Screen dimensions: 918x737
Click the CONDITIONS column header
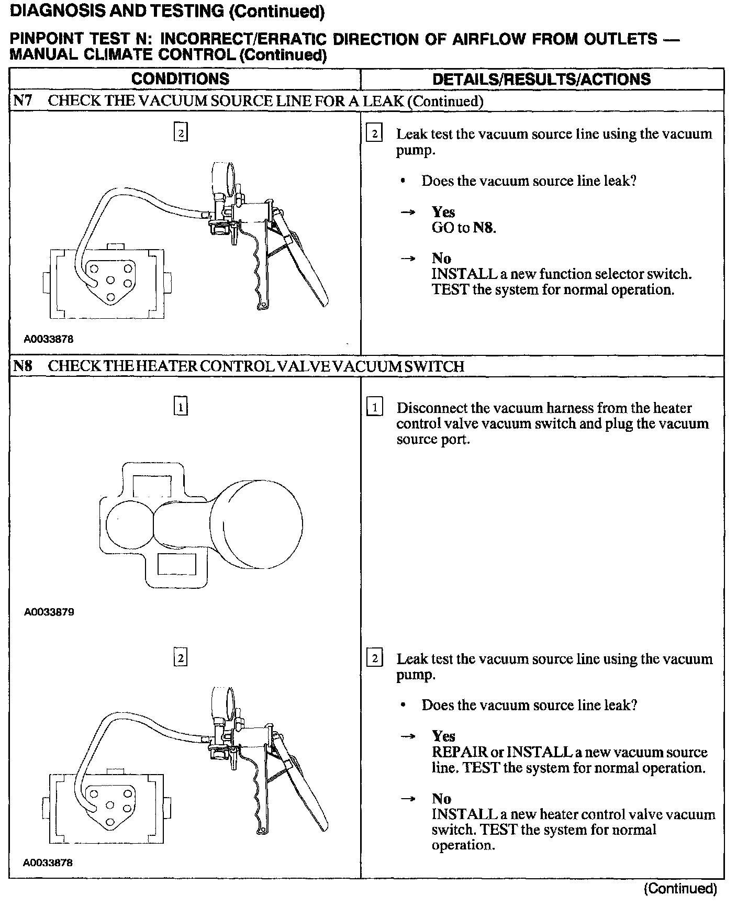click(180, 79)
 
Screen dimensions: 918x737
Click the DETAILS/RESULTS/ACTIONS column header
click(541, 79)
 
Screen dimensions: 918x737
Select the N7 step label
click(23, 100)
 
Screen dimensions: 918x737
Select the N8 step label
click(23, 366)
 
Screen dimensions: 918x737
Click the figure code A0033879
click(49, 612)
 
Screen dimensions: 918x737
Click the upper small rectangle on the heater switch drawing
click(152, 485)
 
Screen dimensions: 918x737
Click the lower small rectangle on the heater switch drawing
click(176, 564)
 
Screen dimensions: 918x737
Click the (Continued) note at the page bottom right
click(680, 888)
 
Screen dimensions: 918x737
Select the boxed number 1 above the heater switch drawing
click(180, 407)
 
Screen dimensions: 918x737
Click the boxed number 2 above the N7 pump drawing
click(180, 133)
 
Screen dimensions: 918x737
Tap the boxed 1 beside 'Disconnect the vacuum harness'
click(374, 407)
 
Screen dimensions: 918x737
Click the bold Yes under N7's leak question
click(443, 212)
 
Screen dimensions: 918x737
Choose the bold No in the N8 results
click(441, 799)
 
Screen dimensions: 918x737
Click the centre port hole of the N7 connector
click(110, 281)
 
